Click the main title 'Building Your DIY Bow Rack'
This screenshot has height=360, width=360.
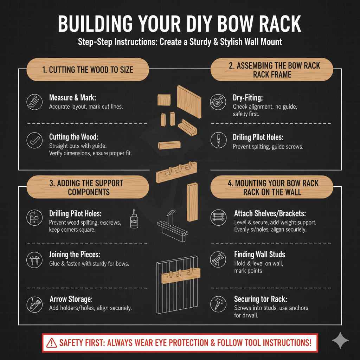180,24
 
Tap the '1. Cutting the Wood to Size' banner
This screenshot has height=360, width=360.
88,69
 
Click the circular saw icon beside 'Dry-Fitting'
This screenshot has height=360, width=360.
217,102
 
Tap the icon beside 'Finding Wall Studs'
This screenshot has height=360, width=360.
217,259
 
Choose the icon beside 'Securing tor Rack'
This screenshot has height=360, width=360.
217,303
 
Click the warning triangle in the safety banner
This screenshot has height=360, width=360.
51,342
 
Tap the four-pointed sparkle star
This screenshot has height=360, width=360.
340,341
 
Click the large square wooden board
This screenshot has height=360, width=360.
189,102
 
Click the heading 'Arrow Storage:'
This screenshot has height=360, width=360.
71,299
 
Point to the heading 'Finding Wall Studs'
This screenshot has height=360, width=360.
259,254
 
